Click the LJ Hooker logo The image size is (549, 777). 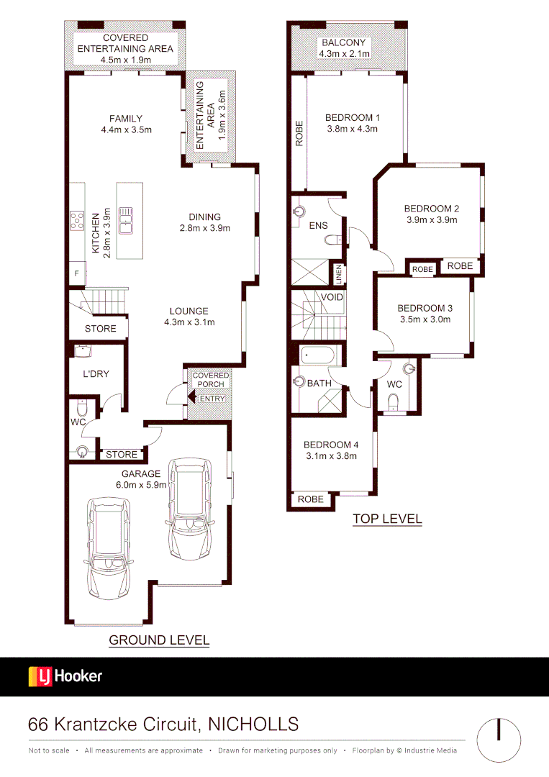[x=65, y=676]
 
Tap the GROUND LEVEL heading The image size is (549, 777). [x=159, y=640]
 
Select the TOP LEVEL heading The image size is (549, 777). [x=386, y=519]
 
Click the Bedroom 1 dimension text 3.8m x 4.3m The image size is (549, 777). [x=353, y=129]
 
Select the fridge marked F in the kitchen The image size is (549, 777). [x=77, y=273]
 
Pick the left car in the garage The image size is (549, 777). [x=108, y=547]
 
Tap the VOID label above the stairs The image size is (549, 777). [x=332, y=296]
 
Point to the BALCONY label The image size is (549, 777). [x=344, y=42]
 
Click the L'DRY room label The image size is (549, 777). [x=94, y=375]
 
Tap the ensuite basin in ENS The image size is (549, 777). [x=299, y=212]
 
